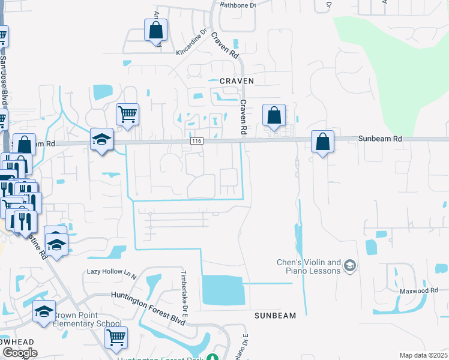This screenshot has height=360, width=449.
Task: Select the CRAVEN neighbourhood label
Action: click(x=232, y=80)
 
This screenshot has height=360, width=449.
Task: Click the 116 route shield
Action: click(x=196, y=141)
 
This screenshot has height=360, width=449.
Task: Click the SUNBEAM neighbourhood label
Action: click(x=275, y=316)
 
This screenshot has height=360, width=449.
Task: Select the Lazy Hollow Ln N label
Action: click(x=112, y=272)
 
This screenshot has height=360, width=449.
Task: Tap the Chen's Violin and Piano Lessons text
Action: click(x=309, y=266)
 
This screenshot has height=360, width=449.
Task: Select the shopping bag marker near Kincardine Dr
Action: click(x=155, y=30)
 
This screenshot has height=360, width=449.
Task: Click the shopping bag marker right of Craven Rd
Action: click(x=274, y=115)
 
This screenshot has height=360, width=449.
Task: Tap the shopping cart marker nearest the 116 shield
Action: click(x=127, y=114)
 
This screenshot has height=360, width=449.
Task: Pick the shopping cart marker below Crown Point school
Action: click(x=116, y=337)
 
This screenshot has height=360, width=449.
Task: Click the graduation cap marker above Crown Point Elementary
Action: click(x=44, y=311)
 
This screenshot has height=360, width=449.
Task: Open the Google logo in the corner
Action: click(x=19, y=353)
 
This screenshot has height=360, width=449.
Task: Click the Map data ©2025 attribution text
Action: click(x=423, y=355)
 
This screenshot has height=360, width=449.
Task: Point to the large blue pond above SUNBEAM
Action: click(x=223, y=290)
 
